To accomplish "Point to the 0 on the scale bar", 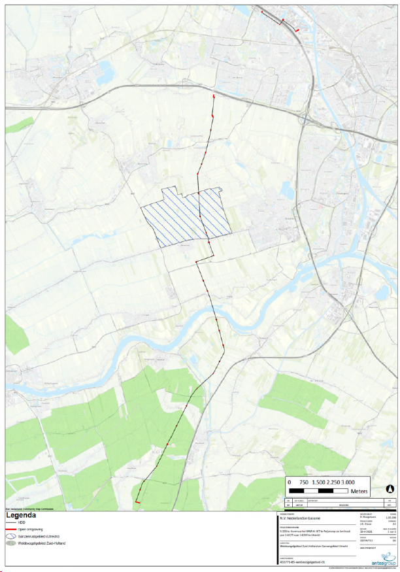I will (290, 482).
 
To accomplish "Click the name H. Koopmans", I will (368, 516).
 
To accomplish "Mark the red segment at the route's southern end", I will (137, 501).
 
